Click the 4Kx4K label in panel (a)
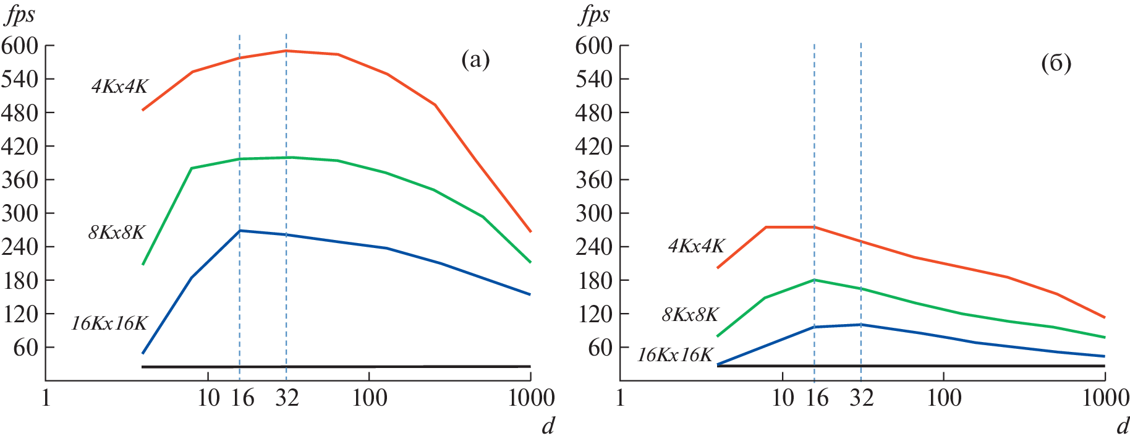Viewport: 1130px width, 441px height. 120,86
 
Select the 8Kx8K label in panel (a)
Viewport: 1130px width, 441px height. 117,233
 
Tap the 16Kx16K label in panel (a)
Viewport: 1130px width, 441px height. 109,323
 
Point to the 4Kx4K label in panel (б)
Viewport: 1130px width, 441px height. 696,246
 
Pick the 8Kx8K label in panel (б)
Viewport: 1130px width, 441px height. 690,315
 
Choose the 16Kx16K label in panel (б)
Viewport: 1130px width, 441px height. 675,355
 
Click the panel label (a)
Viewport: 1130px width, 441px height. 475,60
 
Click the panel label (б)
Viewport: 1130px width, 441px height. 1056,63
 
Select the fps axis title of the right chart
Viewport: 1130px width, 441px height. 594,15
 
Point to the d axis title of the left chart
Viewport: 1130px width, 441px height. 548,426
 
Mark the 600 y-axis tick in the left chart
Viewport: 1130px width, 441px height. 20,46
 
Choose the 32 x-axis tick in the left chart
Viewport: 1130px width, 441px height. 287,398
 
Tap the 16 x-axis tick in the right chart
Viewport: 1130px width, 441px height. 817,398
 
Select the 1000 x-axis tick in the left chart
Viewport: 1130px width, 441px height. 531,398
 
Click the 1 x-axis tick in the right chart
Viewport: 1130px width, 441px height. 621,398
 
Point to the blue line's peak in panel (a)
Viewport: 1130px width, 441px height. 240,231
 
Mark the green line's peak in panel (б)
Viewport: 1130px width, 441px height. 815,280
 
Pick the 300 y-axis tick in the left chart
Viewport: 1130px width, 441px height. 20,213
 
